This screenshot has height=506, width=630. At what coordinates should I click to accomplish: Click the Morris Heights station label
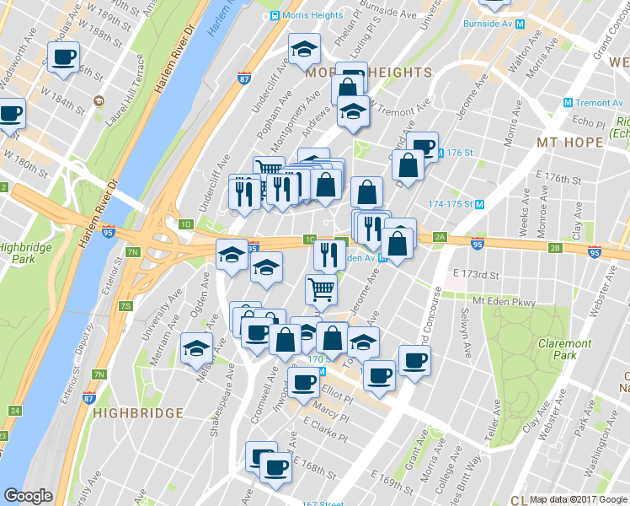(312, 15)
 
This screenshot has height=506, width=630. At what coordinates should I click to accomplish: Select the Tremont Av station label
(598, 103)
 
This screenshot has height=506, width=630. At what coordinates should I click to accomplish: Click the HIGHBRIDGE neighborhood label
(139, 413)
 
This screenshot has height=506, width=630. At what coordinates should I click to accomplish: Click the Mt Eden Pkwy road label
(504, 301)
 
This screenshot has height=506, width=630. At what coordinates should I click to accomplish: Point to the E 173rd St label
(476, 275)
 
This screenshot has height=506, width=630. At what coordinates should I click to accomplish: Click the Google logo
(28, 496)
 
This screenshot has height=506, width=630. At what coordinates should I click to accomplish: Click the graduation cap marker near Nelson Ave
(197, 349)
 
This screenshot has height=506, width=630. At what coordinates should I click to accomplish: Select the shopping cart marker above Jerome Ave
(321, 290)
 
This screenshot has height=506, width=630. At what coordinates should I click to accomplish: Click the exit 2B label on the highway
(555, 248)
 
